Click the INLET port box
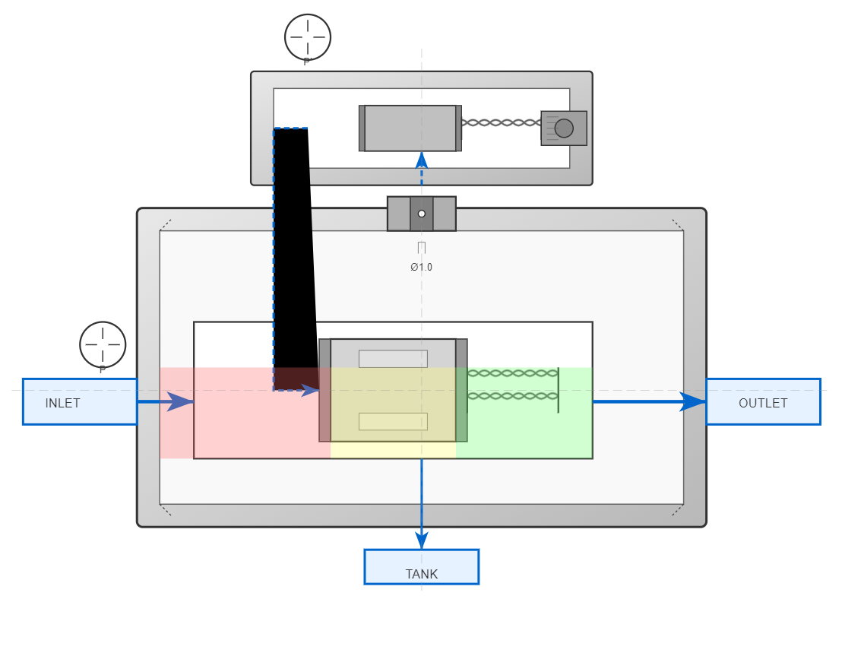click(80, 401)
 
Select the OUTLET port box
click(763, 401)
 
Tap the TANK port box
click(421, 567)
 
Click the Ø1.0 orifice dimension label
click(421, 267)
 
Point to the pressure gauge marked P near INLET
click(103, 344)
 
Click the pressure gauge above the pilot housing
click(308, 36)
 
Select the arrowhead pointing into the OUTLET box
click(693, 401)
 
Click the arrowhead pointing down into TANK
click(422, 540)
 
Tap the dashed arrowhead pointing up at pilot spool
click(422, 160)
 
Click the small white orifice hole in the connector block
click(422, 214)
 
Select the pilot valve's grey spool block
click(410, 128)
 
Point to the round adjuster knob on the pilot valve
click(564, 128)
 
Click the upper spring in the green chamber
click(512, 373)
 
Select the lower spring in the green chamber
click(512, 396)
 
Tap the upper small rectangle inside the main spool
click(393, 359)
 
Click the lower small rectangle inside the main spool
click(393, 421)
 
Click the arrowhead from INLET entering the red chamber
click(179, 401)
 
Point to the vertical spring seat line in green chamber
click(559, 390)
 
